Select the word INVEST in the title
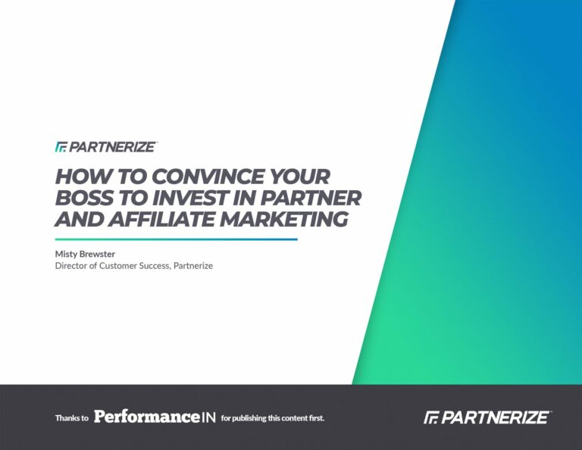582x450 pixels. click(x=190, y=198)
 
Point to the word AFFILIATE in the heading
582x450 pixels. click(x=162, y=219)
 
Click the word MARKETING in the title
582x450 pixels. click(x=284, y=219)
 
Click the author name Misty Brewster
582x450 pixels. click(x=85, y=254)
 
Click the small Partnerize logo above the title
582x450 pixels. click(x=107, y=147)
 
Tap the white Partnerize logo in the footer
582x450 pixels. click(x=487, y=417)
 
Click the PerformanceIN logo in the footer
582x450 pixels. click(x=155, y=417)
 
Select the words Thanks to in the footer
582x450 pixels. click(x=72, y=418)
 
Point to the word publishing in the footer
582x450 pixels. click(x=249, y=418)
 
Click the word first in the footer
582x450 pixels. click(x=317, y=418)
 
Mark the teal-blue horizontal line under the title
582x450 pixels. click(x=177, y=239)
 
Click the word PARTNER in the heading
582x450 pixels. click(x=311, y=198)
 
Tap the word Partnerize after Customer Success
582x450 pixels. click(x=193, y=266)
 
